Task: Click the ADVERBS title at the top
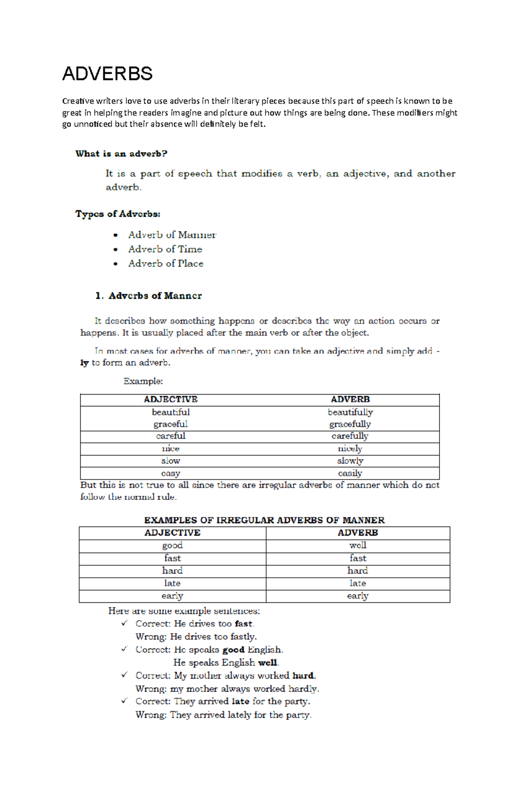107,74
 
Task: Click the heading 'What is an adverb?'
121,154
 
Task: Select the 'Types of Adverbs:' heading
117,214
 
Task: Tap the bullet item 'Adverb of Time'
165,249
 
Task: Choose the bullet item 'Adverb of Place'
165,263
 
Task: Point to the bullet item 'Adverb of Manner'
172,235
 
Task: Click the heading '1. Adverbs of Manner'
149,296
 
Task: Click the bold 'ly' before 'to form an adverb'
84,363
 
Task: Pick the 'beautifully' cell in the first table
350,412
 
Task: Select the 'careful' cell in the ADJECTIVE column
171,436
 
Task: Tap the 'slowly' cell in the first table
350,461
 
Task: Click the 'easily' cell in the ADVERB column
350,473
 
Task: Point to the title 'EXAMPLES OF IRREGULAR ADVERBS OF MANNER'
264,520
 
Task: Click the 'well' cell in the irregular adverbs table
358,545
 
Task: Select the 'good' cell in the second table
172,545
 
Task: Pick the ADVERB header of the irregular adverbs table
358,533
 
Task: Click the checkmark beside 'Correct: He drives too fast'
125,623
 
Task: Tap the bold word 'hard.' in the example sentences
304,675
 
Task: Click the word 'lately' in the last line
239,715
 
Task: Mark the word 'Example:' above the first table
143,381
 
